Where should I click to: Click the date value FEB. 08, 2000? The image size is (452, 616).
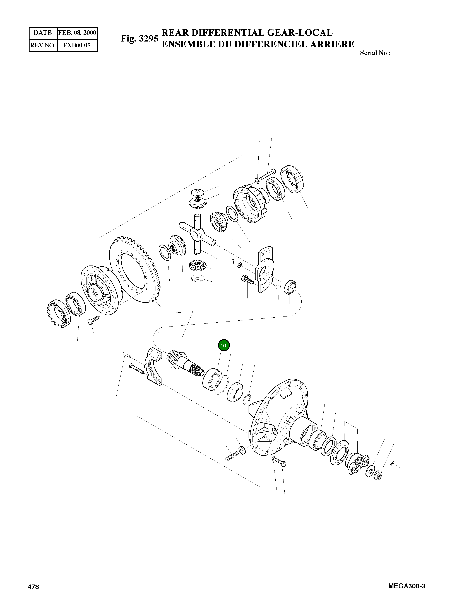(x=77, y=33)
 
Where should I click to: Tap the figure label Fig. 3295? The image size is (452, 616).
(x=140, y=38)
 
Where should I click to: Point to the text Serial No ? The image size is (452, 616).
(x=375, y=53)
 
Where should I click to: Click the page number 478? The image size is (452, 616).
(x=33, y=594)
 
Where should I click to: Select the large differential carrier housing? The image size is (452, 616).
(x=282, y=418)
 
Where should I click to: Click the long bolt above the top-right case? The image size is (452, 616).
(x=268, y=174)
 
